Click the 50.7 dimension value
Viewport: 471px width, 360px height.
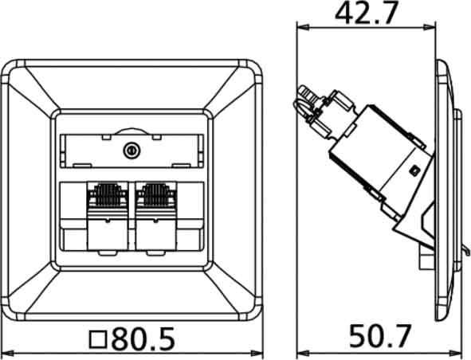[x=380, y=338]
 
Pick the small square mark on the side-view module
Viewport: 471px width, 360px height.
[x=414, y=170]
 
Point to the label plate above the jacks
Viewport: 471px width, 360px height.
[x=131, y=149]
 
